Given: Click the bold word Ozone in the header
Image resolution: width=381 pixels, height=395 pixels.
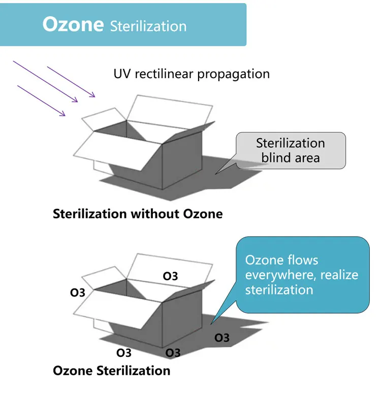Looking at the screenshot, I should point(73,24).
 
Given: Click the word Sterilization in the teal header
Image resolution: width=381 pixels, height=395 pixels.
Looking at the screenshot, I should point(148,26).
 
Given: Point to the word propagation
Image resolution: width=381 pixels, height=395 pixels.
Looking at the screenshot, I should point(233,74).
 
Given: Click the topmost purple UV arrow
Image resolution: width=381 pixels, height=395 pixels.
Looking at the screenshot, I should point(71,81).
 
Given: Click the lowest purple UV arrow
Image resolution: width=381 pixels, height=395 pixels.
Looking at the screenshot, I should point(42,101).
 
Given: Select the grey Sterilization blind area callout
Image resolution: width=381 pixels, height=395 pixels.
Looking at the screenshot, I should point(291,150).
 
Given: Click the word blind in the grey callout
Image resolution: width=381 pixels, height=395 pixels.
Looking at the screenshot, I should point(275,157).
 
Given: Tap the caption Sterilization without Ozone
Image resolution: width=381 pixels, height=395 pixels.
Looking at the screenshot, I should point(138,213).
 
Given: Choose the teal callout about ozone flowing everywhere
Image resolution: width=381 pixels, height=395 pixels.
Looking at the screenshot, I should point(302,274).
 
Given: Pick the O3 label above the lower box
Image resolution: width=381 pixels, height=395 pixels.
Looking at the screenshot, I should point(170,276).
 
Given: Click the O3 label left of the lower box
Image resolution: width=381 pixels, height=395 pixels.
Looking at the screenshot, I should point(78,292).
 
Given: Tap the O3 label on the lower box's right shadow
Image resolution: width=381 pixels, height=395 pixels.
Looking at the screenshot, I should point(221,338).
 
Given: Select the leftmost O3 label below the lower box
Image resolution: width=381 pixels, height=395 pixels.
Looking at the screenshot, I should point(124,352).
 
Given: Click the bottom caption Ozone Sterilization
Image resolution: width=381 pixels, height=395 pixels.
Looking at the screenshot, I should point(111,371).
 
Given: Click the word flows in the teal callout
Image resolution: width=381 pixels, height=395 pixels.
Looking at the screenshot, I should point(302,260).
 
